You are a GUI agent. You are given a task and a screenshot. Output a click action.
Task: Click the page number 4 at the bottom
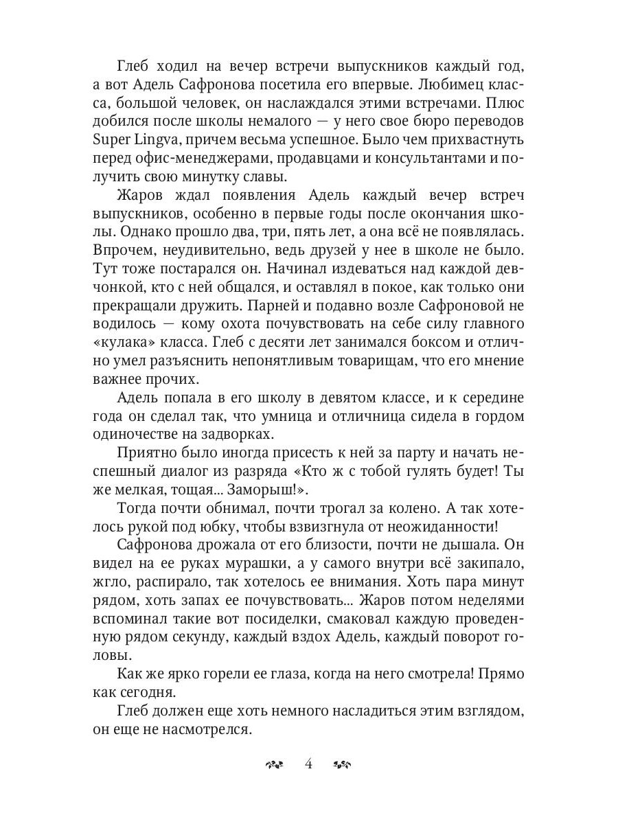pyautogui.click(x=308, y=764)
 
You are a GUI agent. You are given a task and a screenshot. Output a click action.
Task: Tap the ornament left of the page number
pyautogui.click(x=273, y=764)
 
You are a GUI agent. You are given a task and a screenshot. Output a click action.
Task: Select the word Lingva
pyautogui.click(x=157, y=140)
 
